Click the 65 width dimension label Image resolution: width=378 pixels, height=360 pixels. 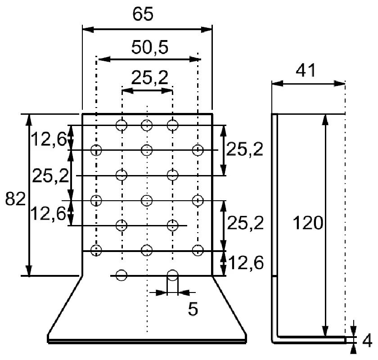pyautogui.click(x=143, y=14)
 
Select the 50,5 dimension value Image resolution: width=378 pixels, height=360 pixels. pyautogui.click(x=150, y=47)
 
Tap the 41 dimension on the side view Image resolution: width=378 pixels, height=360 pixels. pyautogui.click(x=306, y=70)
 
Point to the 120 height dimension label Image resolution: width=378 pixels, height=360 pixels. pyautogui.click(x=308, y=223)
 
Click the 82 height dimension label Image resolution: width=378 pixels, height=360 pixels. pyautogui.click(x=15, y=199)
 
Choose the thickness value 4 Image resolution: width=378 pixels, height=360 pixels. pyautogui.click(x=367, y=341)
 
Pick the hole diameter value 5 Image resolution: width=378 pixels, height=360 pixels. pyautogui.click(x=193, y=309)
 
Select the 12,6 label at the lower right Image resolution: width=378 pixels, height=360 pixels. pyautogui.click(x=246, y=263)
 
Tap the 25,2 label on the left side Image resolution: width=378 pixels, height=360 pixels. pyautogui.click(x=50, y=175)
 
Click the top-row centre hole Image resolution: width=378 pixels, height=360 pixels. pyautogui.click(x=147, y=125)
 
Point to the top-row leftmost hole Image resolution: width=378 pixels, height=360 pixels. pyautogui.click(x=121, y=125)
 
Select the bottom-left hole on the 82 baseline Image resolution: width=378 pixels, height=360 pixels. pyautogui.click(x=121, y=275)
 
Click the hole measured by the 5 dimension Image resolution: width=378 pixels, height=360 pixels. pyautogui.click(x=173, y=275)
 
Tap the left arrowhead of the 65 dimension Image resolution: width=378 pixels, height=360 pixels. pyautogui.click(x=88, y=30)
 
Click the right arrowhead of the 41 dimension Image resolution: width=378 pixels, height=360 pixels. pyautogui.click(x=339, y=84)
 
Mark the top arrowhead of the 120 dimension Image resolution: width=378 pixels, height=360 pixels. pyautogui.click(x=325, y=120)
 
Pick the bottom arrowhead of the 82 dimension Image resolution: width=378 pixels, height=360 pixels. pyautogui.click(x=29, y=270)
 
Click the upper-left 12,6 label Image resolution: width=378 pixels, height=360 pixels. pyautogui.click(x=49, y=139)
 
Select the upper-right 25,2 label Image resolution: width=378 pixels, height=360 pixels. pyautogui.click(x=244, y=149)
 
